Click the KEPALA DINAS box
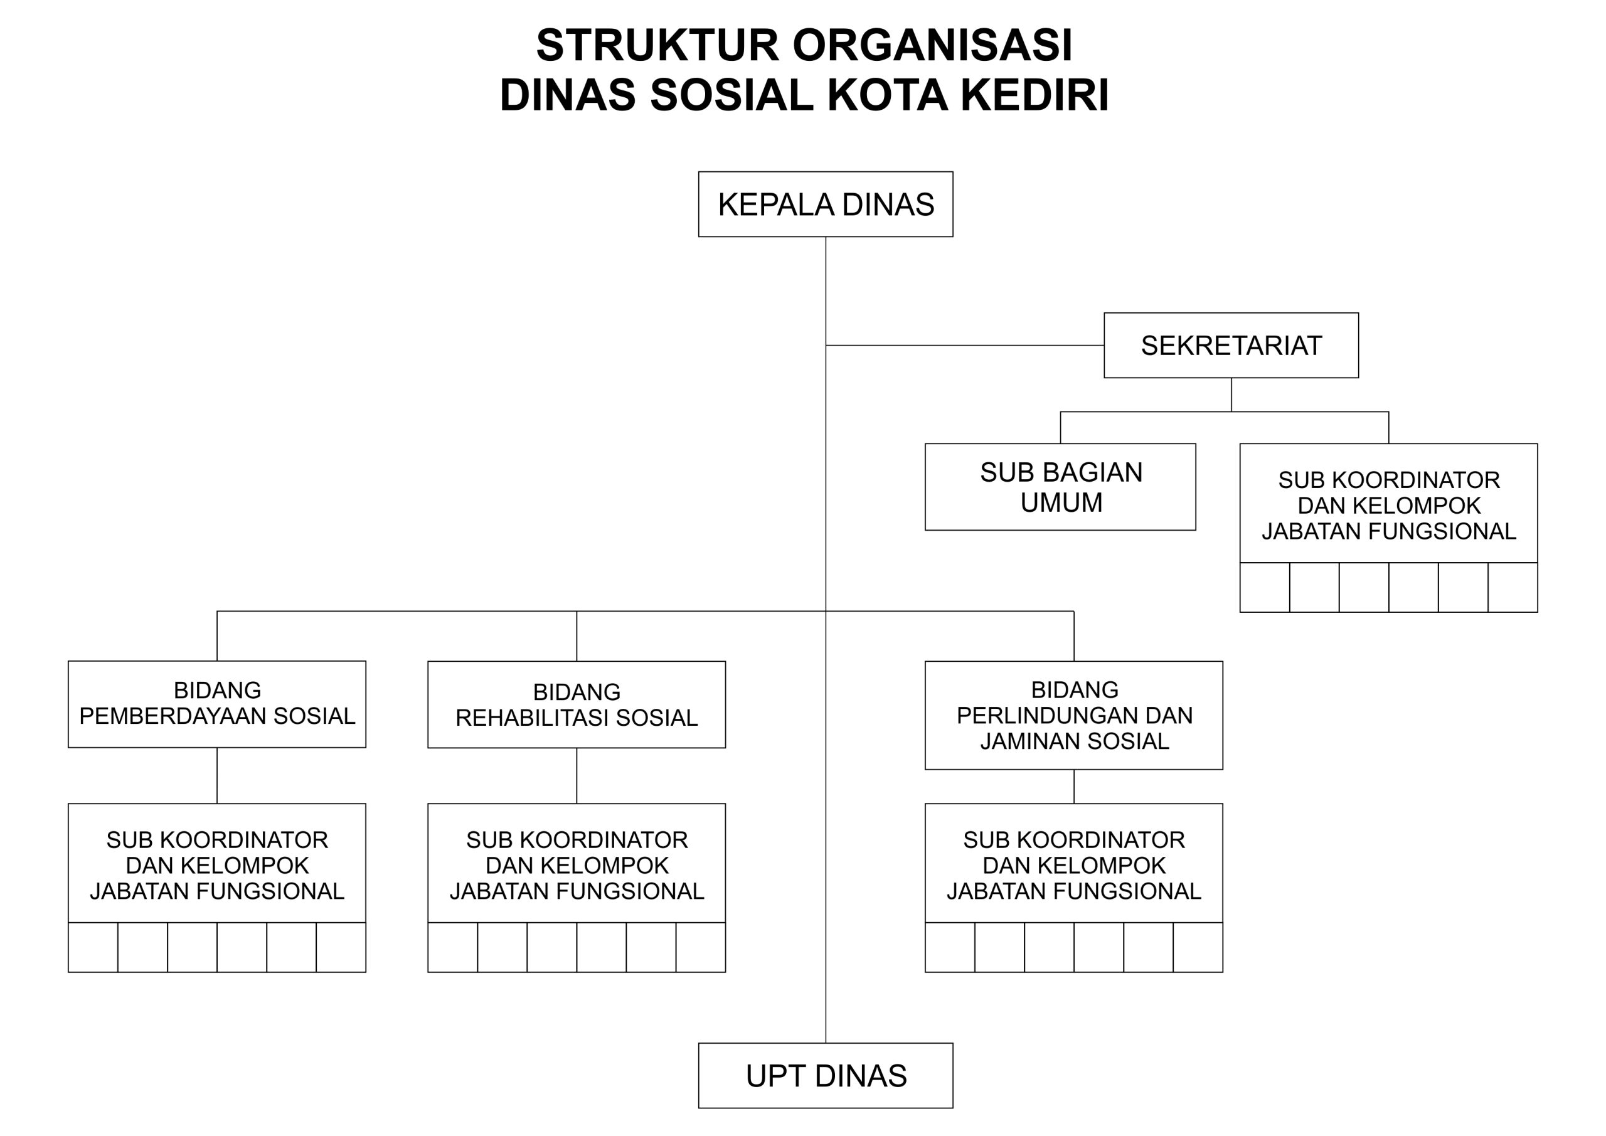pos(826,204)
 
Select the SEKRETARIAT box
pos(1231,346)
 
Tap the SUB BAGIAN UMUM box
pos(1060,487)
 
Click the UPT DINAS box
pos(826,1076)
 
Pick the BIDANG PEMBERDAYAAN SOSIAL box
pos(217,704)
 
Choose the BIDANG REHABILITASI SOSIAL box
pos(577,705)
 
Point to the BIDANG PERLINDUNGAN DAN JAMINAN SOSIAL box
pos(1073,716)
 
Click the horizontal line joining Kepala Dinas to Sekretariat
pos(965,346)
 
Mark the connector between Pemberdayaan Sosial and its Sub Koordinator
pos(217,776)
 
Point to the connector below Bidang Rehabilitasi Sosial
pos(577,776)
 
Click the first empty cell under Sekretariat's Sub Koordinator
pos(1265,588)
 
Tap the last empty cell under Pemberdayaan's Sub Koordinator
pos(341,948)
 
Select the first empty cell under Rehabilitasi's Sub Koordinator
pos(452,948)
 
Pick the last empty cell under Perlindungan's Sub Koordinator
pos(1198,948)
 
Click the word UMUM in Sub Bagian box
pos(1061,503)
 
